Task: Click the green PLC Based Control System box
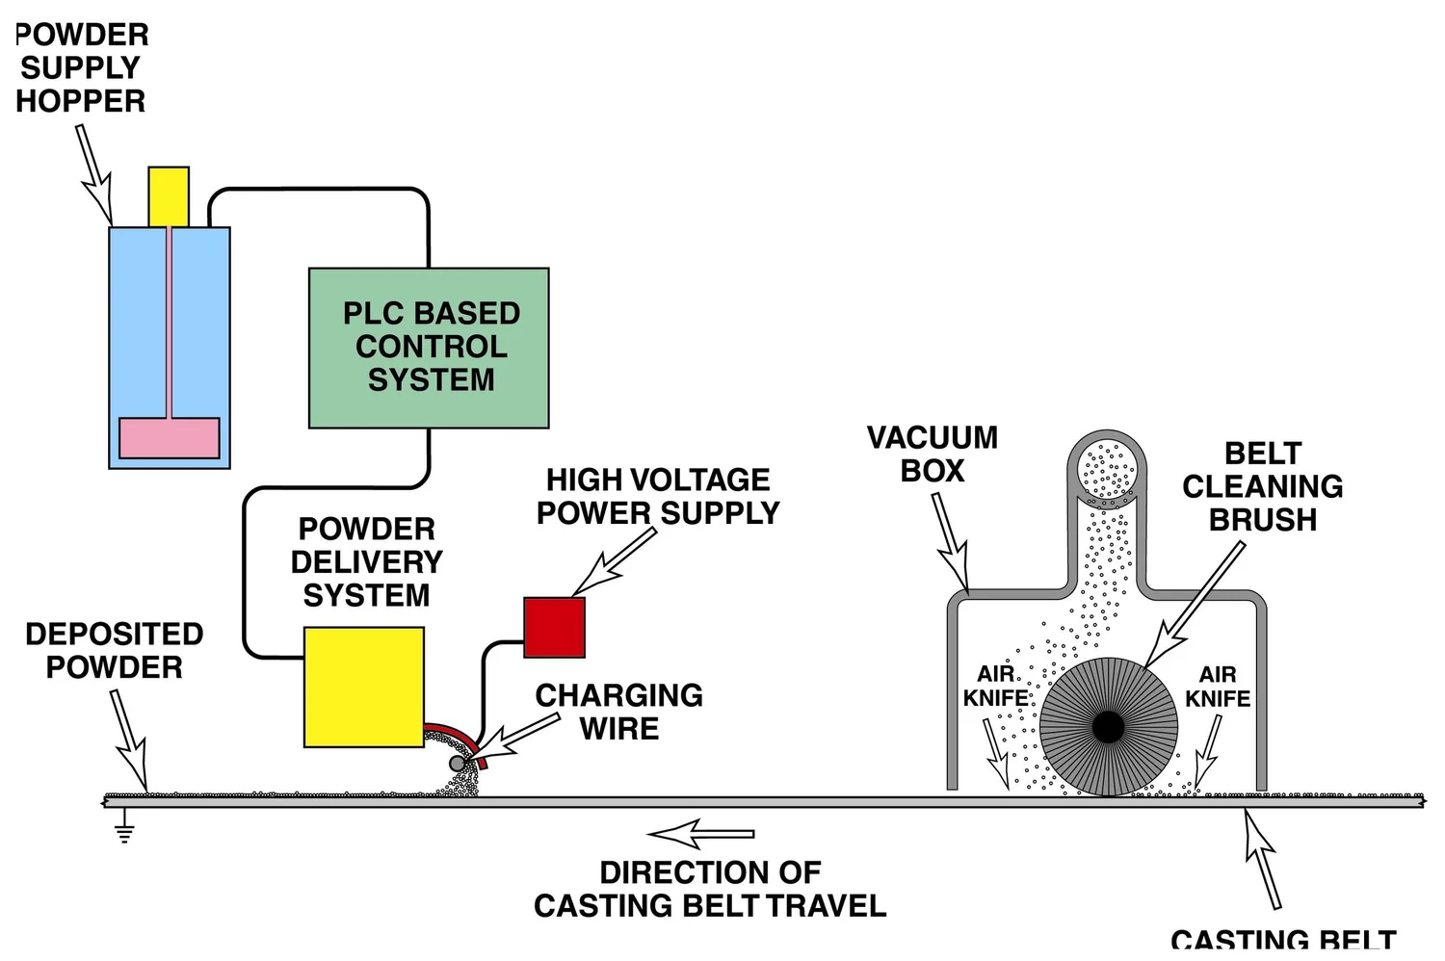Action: tap(429, 348)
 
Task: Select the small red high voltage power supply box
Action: tap(554, 627)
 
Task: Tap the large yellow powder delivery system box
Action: tap(363, 687)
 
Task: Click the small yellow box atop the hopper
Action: tap(169, 196)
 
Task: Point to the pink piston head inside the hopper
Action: tap(169, 437)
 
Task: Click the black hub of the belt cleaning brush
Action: tap(1109, 727)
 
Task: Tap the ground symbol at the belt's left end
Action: tap(124, 828)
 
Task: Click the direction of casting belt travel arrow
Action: tap(700, 834)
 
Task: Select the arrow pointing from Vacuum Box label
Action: tap(950, 540)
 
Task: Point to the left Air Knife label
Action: tap(995, 686)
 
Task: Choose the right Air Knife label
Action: tap(1218, 687)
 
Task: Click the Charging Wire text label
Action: tap(618, 712)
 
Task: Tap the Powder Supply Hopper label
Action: tap(81, 67)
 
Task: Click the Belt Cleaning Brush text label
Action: tap(1262, 486)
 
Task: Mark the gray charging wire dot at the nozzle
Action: tap(458, 764)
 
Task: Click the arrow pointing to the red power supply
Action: tap(613, 563)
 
